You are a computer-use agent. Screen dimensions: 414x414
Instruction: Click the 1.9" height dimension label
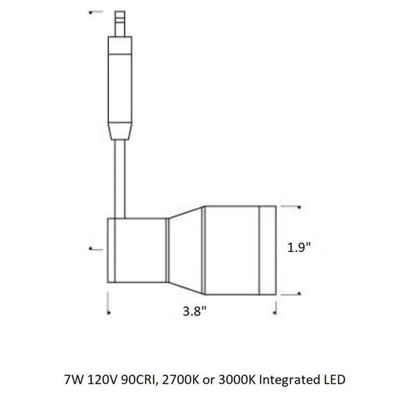pos(299,248)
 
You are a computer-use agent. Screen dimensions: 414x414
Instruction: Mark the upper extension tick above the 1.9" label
pos(295,207)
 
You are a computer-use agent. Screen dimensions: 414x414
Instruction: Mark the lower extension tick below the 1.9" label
pos(295,292)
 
